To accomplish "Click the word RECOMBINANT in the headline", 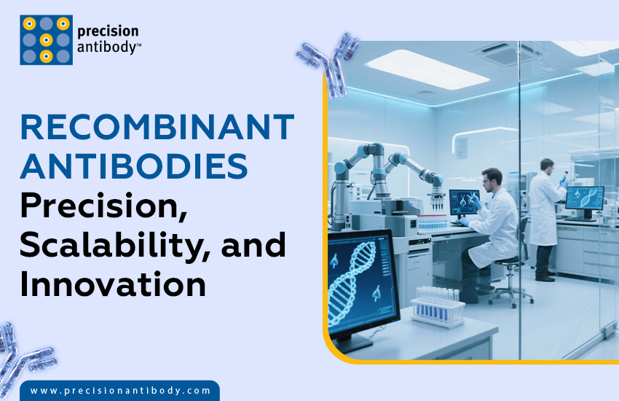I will click(157, 128).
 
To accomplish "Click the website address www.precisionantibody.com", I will click(120, 391).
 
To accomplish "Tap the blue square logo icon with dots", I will click(46, 40).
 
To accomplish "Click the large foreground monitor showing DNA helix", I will click(362, 281).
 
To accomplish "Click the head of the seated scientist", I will click(492, 177).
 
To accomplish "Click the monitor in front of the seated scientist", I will click(464, 201).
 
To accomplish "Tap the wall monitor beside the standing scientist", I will click(583, 197).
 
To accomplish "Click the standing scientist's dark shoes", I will click(544, 277).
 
